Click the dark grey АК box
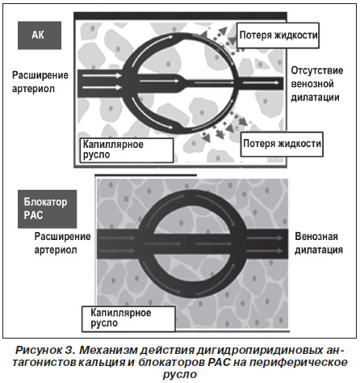click(x=40, y=36)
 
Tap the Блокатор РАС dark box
click(x=48, y=209)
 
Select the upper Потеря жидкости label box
click(x=278, y=36)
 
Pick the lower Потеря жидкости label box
click(x=282, y=144)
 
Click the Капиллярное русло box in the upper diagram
click(x=127, y=150)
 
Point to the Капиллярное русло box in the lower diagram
click(x=128, y=318)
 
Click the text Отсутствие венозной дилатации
click(x=317, y=84)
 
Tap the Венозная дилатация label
click(x=319, y=243)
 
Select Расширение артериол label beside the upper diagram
click(x=40, y=82)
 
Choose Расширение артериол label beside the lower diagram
click(x=62, y=243)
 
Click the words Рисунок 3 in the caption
click(x=44, y=350)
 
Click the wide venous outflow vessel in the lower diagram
click(x=267, y=244)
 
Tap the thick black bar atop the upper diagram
click(x=180, y=15)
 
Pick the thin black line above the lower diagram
click(x=145, y=175)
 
